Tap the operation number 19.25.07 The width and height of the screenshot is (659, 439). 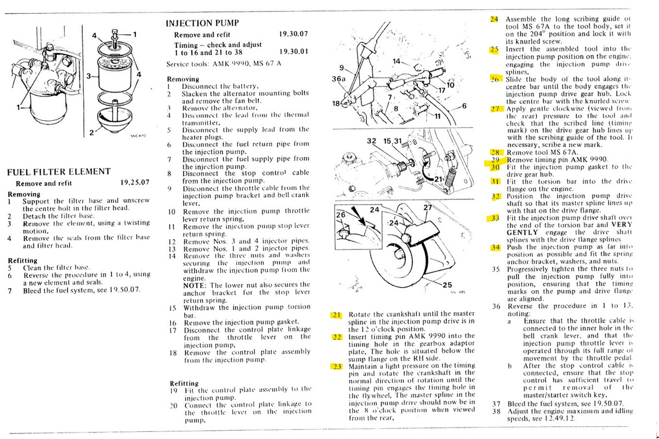pyautogui.click(x=135, y=184)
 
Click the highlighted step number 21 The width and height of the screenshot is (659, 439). pyautogui.click(x=336, y=315)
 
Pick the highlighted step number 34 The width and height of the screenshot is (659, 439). pyautogui.click(x=496, y=247)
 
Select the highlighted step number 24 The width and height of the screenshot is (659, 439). pyautogui.click(x=494, y=19)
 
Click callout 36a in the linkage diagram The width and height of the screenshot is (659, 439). pyautogui.click(x=340, y=78)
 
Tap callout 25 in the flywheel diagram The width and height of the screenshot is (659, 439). pyautogui.click(x=447, y=284)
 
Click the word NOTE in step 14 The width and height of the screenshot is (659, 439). pyautogui.click(x=194, y=285)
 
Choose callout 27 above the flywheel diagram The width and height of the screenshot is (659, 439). pyautogui.click(x=428, y=207)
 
